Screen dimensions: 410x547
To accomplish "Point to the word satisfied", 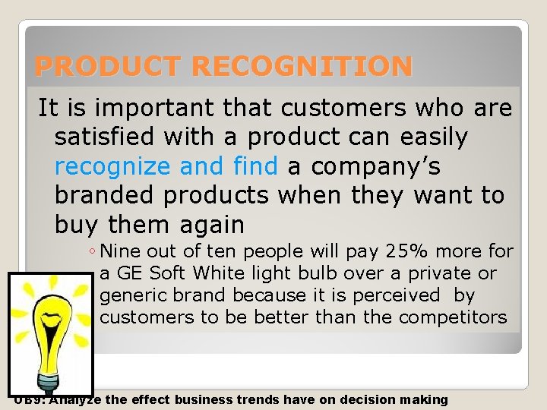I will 109,137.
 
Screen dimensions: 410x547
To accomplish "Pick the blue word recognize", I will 112,166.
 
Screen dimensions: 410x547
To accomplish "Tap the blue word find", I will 256,166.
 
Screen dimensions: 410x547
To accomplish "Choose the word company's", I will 375,166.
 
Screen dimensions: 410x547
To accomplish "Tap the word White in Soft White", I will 216,273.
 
